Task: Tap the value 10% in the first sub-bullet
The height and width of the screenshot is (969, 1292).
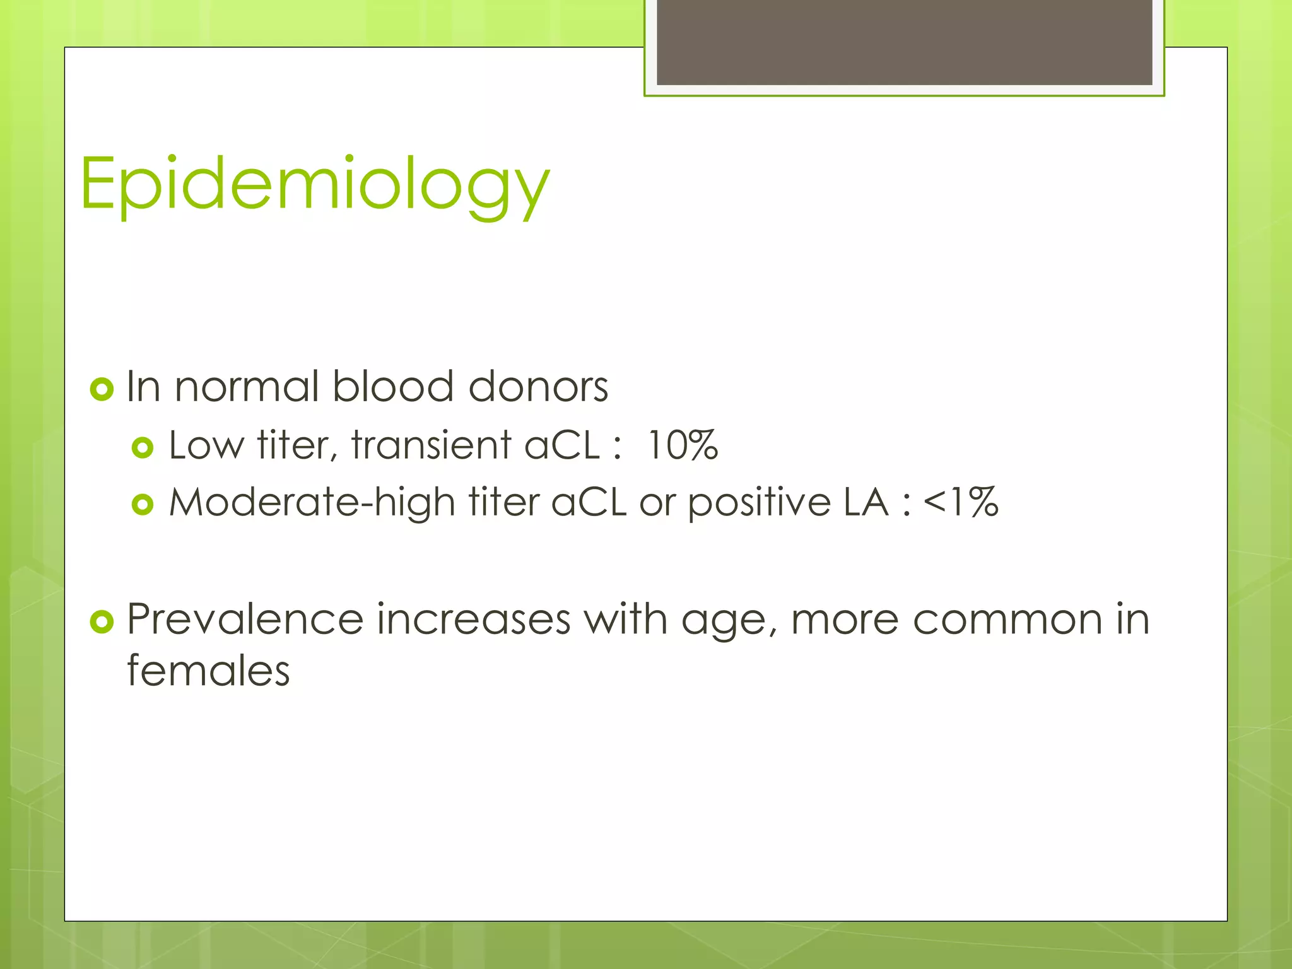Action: tap(682, 445)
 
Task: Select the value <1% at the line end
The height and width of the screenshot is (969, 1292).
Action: tap(960, 503)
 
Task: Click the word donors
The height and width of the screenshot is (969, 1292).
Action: tap(538, 386)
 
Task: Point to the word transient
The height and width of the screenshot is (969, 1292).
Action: tap(431, 445)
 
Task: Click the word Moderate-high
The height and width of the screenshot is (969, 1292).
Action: tap(312, 503)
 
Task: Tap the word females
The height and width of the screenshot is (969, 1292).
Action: tap(208, 671)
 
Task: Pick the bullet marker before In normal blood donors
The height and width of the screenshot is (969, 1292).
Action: tap(102, 389)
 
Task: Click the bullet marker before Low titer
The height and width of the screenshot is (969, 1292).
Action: tap(143, 448)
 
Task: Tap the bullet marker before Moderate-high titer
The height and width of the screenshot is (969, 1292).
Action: tap(143, 505)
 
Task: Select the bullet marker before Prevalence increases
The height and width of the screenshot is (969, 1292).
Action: tap(102, 621)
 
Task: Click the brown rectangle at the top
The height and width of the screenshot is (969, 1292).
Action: tap(904, 42)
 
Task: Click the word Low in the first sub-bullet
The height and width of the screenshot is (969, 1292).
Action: tap(206, 445)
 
